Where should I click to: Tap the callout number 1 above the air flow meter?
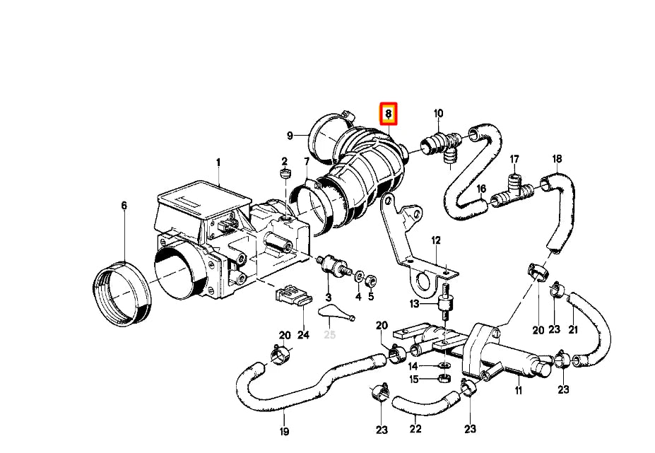pos(218,163)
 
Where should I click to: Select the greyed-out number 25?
pos(330,334)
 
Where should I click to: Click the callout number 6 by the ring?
pos(124,206)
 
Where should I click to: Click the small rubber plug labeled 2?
pos(286,174)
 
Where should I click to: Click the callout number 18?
pos(557,158)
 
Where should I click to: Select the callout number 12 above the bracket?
pos(436,241)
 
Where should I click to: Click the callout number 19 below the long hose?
pos(284,431)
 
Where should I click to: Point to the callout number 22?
pos(415,429)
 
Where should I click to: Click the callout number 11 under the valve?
pos(518,390)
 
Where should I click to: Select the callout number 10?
pos(438,113)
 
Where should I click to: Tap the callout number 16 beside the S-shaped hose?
pos(481,189)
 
